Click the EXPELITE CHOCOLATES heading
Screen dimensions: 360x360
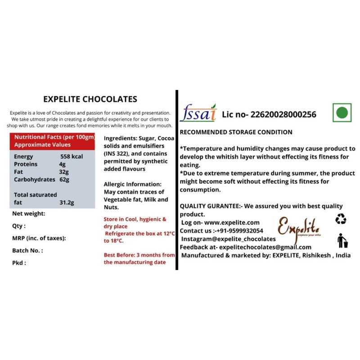coord(90,99)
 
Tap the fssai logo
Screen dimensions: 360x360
coord(198,113)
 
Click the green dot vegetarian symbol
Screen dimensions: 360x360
coord(342,112)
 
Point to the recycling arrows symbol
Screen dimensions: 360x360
coord(341,219)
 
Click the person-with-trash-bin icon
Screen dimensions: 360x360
coord(342,240)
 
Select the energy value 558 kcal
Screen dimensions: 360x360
coord(73,157)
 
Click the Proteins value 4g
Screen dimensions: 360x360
coord(63,164)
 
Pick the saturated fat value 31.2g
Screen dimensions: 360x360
coord(67,202)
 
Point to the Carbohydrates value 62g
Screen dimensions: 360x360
coord(64,180)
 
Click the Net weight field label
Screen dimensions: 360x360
coord(28,214)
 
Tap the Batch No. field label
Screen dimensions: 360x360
coord(27,250)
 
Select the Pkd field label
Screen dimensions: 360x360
coord(19,263)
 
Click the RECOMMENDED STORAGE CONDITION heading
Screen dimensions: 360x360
coord(236,132)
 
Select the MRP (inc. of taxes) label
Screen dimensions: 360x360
coord(39,238)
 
